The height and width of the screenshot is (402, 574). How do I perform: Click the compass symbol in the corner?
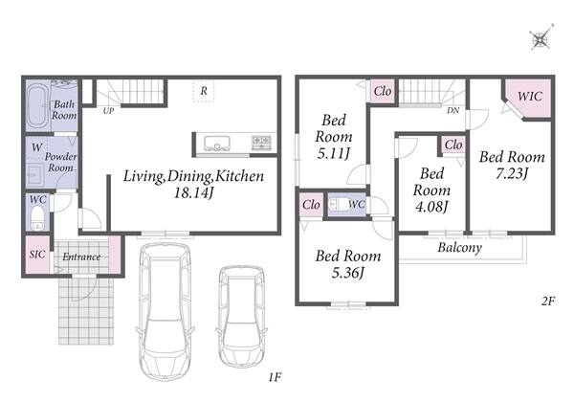pos(541,38)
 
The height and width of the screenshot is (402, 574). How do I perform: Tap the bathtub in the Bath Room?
pos(37,106)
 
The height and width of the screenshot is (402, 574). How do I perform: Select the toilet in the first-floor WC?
pos(37,218)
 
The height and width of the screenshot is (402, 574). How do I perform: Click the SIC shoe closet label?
pos(37,254)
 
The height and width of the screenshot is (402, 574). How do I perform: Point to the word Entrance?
pos(81,257)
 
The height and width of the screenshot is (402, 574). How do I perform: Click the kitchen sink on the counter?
pos(217,144)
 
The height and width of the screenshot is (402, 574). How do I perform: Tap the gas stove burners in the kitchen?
pos(261,143)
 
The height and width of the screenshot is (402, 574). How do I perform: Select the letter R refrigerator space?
pos(204,90)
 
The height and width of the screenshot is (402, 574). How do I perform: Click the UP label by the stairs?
pos(108,111)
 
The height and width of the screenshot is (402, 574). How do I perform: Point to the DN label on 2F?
pos(453,110)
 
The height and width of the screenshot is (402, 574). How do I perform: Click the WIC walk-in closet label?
pos(530,97)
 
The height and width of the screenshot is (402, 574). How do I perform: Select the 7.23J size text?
pos(512,173)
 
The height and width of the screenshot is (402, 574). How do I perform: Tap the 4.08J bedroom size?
pos(432,207)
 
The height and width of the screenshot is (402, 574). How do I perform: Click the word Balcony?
pos(460,248)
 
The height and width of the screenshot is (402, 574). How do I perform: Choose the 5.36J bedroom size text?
pos(348,273)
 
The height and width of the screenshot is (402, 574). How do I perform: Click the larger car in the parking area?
pos(166,311)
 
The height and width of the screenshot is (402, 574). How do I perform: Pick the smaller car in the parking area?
pos(242,316)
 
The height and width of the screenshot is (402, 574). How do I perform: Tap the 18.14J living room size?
pos(193,192)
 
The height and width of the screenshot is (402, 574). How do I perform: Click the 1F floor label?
pos(275,377)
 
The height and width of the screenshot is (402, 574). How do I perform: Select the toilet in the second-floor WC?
pos(338,204)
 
